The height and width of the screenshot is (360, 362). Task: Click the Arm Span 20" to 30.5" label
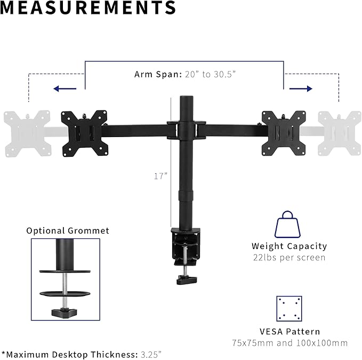185,74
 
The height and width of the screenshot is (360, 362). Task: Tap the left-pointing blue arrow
65,89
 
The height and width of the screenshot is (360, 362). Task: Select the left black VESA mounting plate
83,132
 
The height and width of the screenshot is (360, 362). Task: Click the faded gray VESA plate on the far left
27,132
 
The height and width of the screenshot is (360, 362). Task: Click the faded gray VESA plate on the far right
339,132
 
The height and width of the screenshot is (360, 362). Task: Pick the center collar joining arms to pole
187,130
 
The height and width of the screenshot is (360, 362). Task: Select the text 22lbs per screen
289,258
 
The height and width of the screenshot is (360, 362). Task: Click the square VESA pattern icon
289,309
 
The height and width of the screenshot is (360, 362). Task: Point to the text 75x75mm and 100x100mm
289,342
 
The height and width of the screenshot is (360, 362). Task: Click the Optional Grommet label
68,230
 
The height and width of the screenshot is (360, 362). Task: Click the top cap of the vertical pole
187,100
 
